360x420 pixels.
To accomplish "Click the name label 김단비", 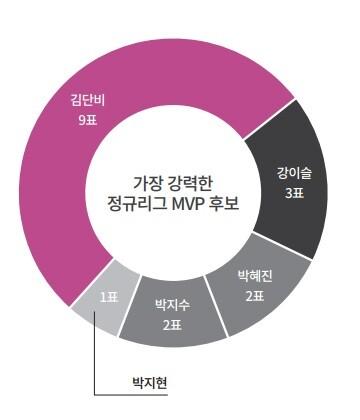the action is (88, 100).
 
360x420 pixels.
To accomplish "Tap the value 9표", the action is (88, 120).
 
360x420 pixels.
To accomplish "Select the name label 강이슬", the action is (294, 173).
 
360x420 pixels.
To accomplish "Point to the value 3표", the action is (294, 193).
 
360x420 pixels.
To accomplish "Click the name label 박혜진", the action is (255, 276).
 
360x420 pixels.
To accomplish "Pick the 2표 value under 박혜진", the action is (255, 296).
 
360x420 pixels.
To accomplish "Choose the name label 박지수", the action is (173, 305).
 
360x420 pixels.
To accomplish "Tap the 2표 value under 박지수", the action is (173, 324).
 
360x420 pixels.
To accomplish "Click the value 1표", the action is (109, 297).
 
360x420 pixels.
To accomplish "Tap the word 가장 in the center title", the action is (145, 184).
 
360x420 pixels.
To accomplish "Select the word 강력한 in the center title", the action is (188, 184).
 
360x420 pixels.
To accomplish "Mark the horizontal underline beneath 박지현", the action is (131, 395).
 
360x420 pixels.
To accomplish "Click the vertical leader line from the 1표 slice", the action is (95, 353).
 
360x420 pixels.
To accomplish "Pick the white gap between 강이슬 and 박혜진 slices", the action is (282, 245).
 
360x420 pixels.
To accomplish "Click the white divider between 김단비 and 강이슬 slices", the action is (269, 119).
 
